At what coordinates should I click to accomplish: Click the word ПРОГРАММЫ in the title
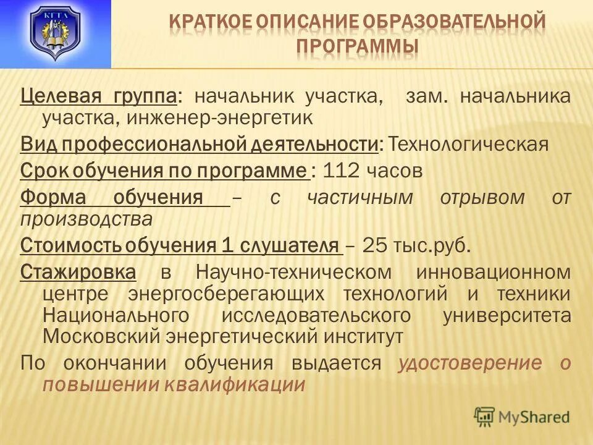click(358, 46)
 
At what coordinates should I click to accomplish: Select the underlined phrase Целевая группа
click(99, 96)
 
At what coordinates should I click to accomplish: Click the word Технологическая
click(468, 144)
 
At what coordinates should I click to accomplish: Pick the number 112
click(342, 171)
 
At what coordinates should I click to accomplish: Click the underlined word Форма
click(52, 198)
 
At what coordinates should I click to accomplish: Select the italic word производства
click(86, 218)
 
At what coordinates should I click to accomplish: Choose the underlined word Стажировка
click(78, 272)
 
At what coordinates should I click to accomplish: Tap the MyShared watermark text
click(534, 417)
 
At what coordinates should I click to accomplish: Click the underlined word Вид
click(37, 144)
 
